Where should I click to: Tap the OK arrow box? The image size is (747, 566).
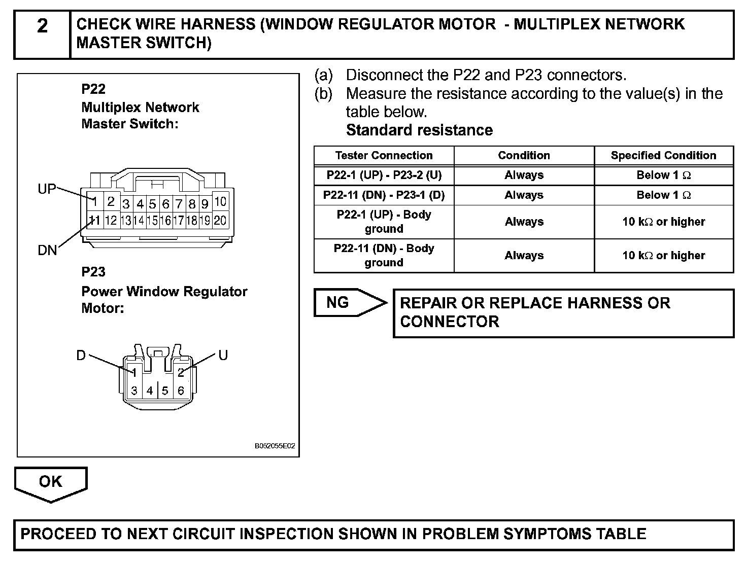(x=50, y=482)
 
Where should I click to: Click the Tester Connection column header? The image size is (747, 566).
(x=384, y=156)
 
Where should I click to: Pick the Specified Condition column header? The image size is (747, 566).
(x=663, y=156)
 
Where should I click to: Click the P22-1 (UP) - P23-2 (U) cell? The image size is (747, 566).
(x=384, y=175)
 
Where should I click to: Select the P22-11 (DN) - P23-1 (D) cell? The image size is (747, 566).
(x=384, y=195)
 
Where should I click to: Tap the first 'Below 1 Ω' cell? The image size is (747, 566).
(x=663, y=175)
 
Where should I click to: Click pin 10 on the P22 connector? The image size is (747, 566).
(x=220, y=202)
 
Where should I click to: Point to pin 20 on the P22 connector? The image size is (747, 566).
(x=220, y=220)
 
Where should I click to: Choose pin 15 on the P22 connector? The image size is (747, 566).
(x=152, y=221)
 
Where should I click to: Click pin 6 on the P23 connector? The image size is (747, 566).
(x=181, y=391)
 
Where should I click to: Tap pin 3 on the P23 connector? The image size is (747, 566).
(x=134, y=391)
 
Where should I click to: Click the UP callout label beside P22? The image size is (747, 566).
(x=47, y=189)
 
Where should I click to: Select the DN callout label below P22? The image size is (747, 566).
(x=47, y=250)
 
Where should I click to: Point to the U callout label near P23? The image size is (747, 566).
(x=223, y=355)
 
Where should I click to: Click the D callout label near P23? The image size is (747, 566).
(x=81, y=356)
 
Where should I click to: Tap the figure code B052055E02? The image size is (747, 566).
(x=275, y=446)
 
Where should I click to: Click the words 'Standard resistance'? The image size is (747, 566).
(x=419, y=130)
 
